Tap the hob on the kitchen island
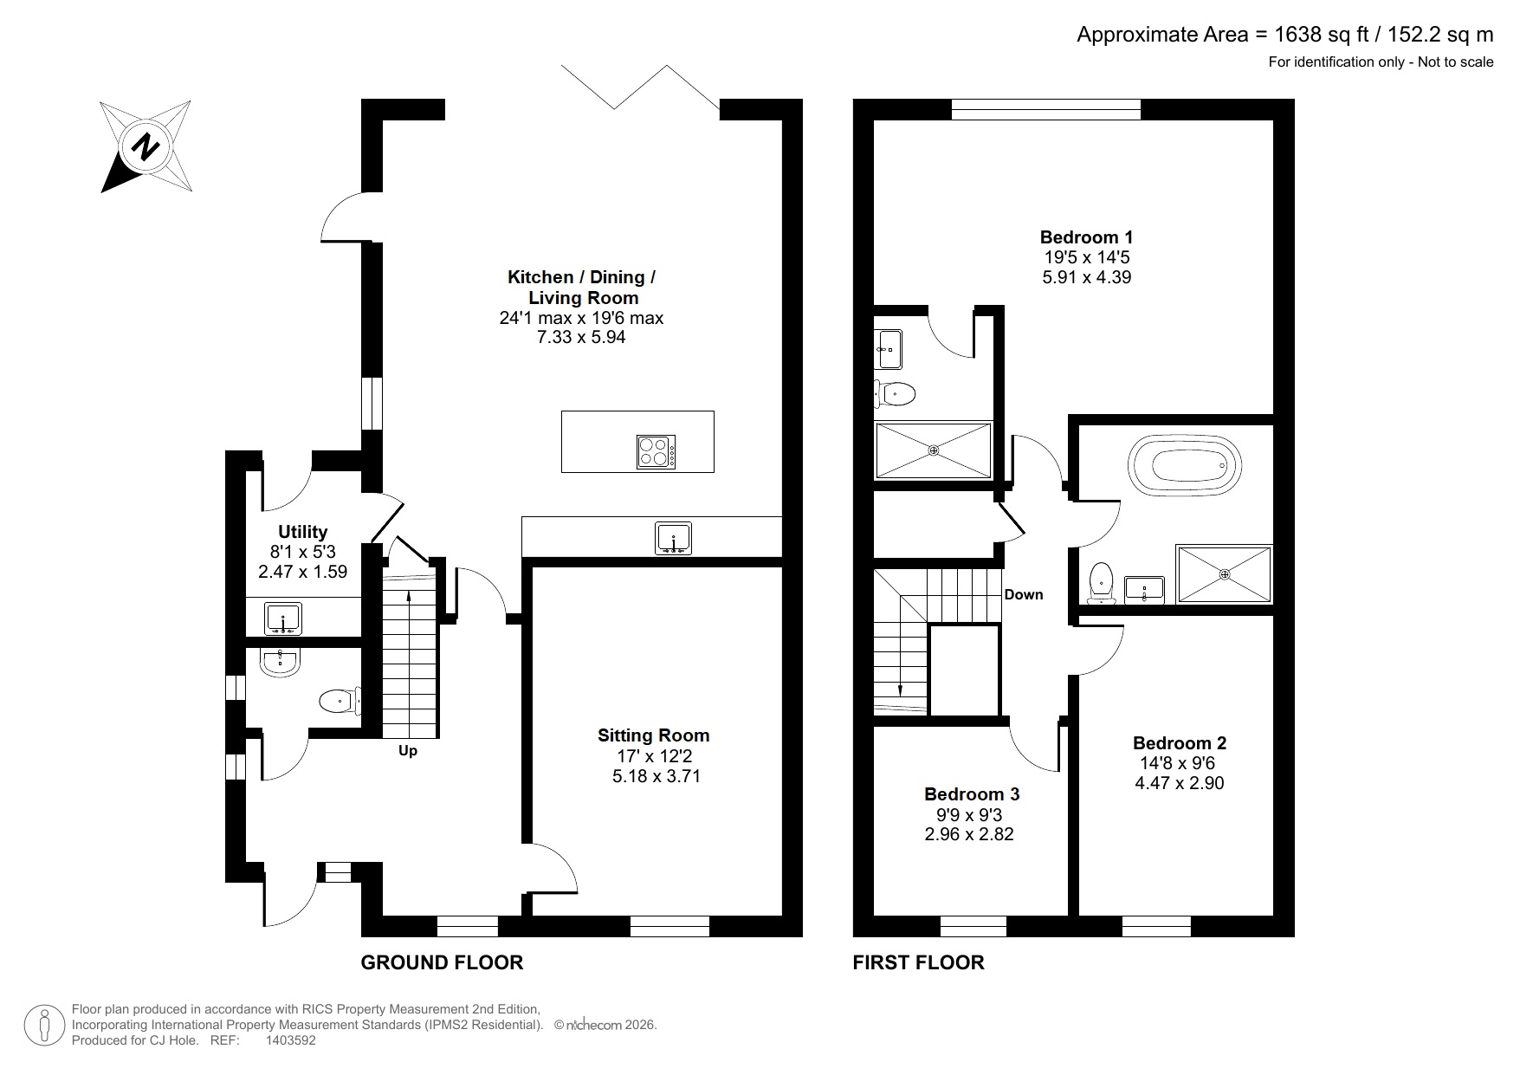pyautogui.click(x=655, y=451)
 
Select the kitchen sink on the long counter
pyautogui.click(x=673, y=537)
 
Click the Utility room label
pyautogui.click(x=302, y=532)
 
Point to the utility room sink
pyautogui.click(x=282, y=620)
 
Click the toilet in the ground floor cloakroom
pyautogui.click(x=339, y=701)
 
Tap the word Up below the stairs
pyautogui.click(x=407, y=750)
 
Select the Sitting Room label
pyautogui.click(x=653, y=735)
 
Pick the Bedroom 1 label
pyautogui.click(x=1086, y=236)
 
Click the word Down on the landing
pyautogui.click(x=1024, y=594)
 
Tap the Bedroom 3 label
pyautogui.click(x=971, y=793)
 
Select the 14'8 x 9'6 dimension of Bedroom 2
pyautogui.click(x=1179, y=763)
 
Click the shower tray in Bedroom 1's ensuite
pyautogui.click(x=933, y=450)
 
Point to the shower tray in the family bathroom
pyautogui.click(x=1223, y=573)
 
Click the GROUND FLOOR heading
pyautogui.click(x=442, y=962)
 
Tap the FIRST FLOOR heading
pyautogui.click(x=918, y=962)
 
